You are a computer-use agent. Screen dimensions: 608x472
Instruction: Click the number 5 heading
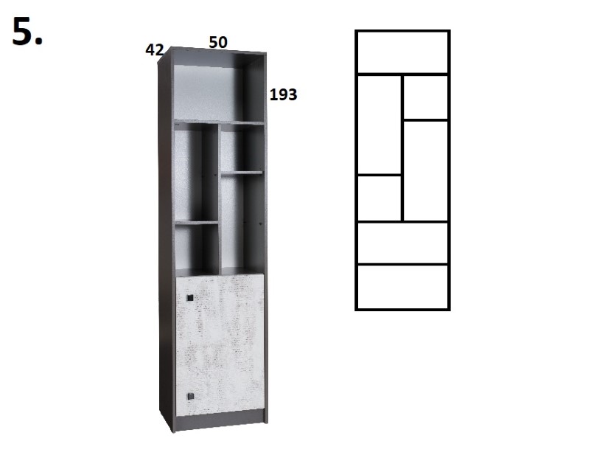click(27, 32)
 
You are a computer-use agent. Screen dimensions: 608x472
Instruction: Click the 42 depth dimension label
click(154, 49)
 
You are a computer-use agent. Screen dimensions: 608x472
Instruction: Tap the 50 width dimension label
click(218, 42)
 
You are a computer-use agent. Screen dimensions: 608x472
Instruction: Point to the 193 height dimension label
click(283, 94)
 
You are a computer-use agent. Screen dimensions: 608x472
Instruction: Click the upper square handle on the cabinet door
click(189, 298)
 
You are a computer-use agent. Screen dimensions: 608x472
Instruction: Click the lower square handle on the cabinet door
click(190, 396)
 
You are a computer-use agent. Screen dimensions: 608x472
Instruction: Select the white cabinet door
click(220, 344)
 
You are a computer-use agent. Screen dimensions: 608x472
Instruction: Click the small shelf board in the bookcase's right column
click(242, 173)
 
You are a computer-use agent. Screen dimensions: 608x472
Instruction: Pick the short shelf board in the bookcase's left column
click(196, 223)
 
